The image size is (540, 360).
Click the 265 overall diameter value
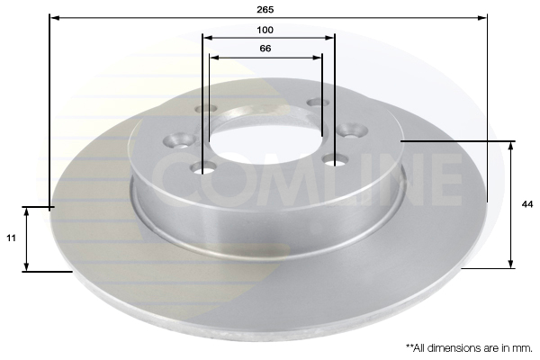tap(265, 9)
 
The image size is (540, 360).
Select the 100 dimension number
tap(265, 30)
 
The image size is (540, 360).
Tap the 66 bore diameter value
tap(265, 49)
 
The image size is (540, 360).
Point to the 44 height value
tap(527, 204)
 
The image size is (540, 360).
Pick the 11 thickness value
tap(11, 238)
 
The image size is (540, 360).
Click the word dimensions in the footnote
tap(452, 348)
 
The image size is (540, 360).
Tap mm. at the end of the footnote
tap(523, 348)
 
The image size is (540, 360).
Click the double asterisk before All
tap(409, 346)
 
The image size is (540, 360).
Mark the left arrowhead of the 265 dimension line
tap(54, 18)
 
